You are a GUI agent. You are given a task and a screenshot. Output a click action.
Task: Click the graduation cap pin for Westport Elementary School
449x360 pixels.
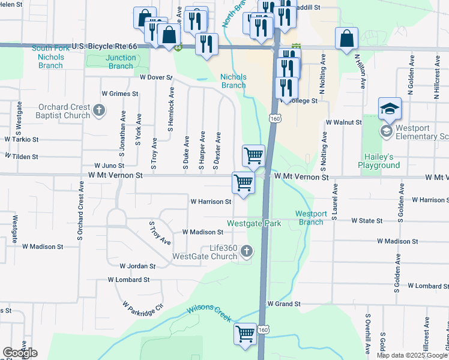390,109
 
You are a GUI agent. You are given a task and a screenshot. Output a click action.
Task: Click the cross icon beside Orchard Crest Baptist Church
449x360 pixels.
100,111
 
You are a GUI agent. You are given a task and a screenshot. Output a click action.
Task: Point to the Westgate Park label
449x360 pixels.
254,223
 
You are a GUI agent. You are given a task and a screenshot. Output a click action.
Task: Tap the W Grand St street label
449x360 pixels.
284,304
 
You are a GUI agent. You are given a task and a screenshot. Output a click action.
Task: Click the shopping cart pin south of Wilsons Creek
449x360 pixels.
245,334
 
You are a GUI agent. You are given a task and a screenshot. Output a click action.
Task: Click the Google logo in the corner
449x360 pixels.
20,353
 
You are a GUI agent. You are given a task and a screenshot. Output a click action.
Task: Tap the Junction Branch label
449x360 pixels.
121,62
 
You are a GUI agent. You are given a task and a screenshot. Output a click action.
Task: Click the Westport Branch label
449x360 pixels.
311,218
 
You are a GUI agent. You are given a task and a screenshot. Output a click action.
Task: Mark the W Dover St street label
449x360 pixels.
156,77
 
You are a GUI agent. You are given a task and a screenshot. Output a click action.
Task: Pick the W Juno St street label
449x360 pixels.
109,166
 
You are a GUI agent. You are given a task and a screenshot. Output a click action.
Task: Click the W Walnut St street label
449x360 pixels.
344,122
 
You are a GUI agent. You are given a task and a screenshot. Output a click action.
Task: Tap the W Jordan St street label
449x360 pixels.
137,266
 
